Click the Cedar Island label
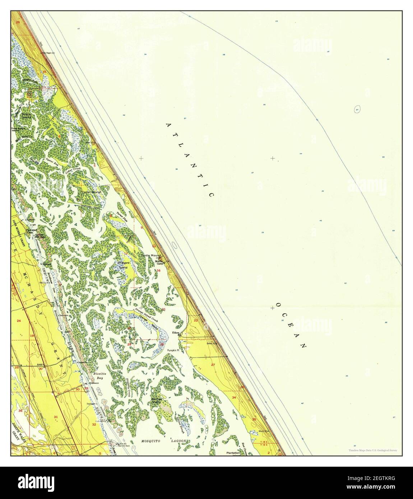point(91,192)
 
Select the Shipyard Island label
point(123,265)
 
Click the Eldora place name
point(176,333)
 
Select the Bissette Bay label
point(97,376)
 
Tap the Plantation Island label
point(233,453)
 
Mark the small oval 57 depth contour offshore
point(357,109)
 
